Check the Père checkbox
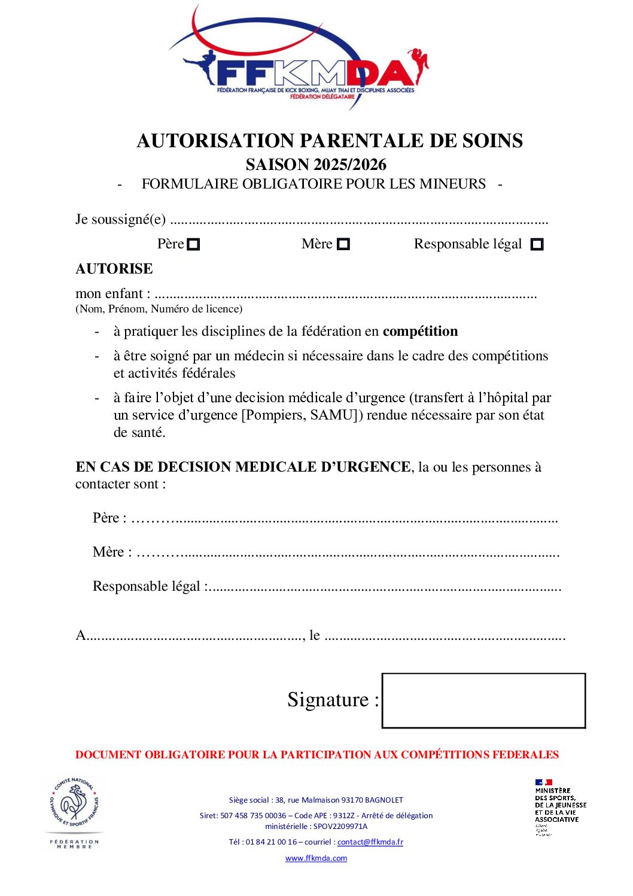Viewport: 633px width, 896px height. point(193,245)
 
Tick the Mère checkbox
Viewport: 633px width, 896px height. point(343,245)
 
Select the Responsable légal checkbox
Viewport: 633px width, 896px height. point(537,245)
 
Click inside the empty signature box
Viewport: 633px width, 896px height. point(483,701)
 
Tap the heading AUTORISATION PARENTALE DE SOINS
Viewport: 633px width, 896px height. point(330,141)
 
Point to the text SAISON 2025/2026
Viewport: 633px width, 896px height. point(316,165)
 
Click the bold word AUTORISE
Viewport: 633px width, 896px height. point(114,269)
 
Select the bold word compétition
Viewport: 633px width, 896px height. point(420,332)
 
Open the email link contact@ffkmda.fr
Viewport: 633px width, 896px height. point(370,842)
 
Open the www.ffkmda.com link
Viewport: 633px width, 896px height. point(316,858)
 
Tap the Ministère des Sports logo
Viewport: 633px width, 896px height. point(559,805)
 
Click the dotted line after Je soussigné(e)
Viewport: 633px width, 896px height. point(359,221)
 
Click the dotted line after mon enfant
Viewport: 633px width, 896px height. point(345,295)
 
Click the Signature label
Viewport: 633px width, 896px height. point(333,700)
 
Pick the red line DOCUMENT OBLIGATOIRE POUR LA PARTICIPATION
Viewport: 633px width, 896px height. point(316,755)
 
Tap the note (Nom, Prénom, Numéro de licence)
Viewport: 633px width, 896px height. point(159,309)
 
